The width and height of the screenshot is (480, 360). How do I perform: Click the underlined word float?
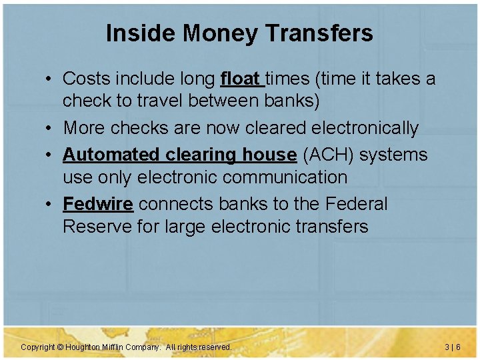click(x=241, y=79)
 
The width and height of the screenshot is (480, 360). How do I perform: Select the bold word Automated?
click(x=109, y=155)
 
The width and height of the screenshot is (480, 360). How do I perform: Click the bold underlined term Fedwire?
click(x=98, y=204)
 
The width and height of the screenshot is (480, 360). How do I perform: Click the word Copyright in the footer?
click(x=37, y=347)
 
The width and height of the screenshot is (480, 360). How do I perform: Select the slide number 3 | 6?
click(x=453, y=347)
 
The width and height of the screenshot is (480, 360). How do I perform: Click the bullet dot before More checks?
click(x=50, y=128)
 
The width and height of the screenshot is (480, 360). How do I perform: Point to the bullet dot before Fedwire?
click(x=50, y=204)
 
